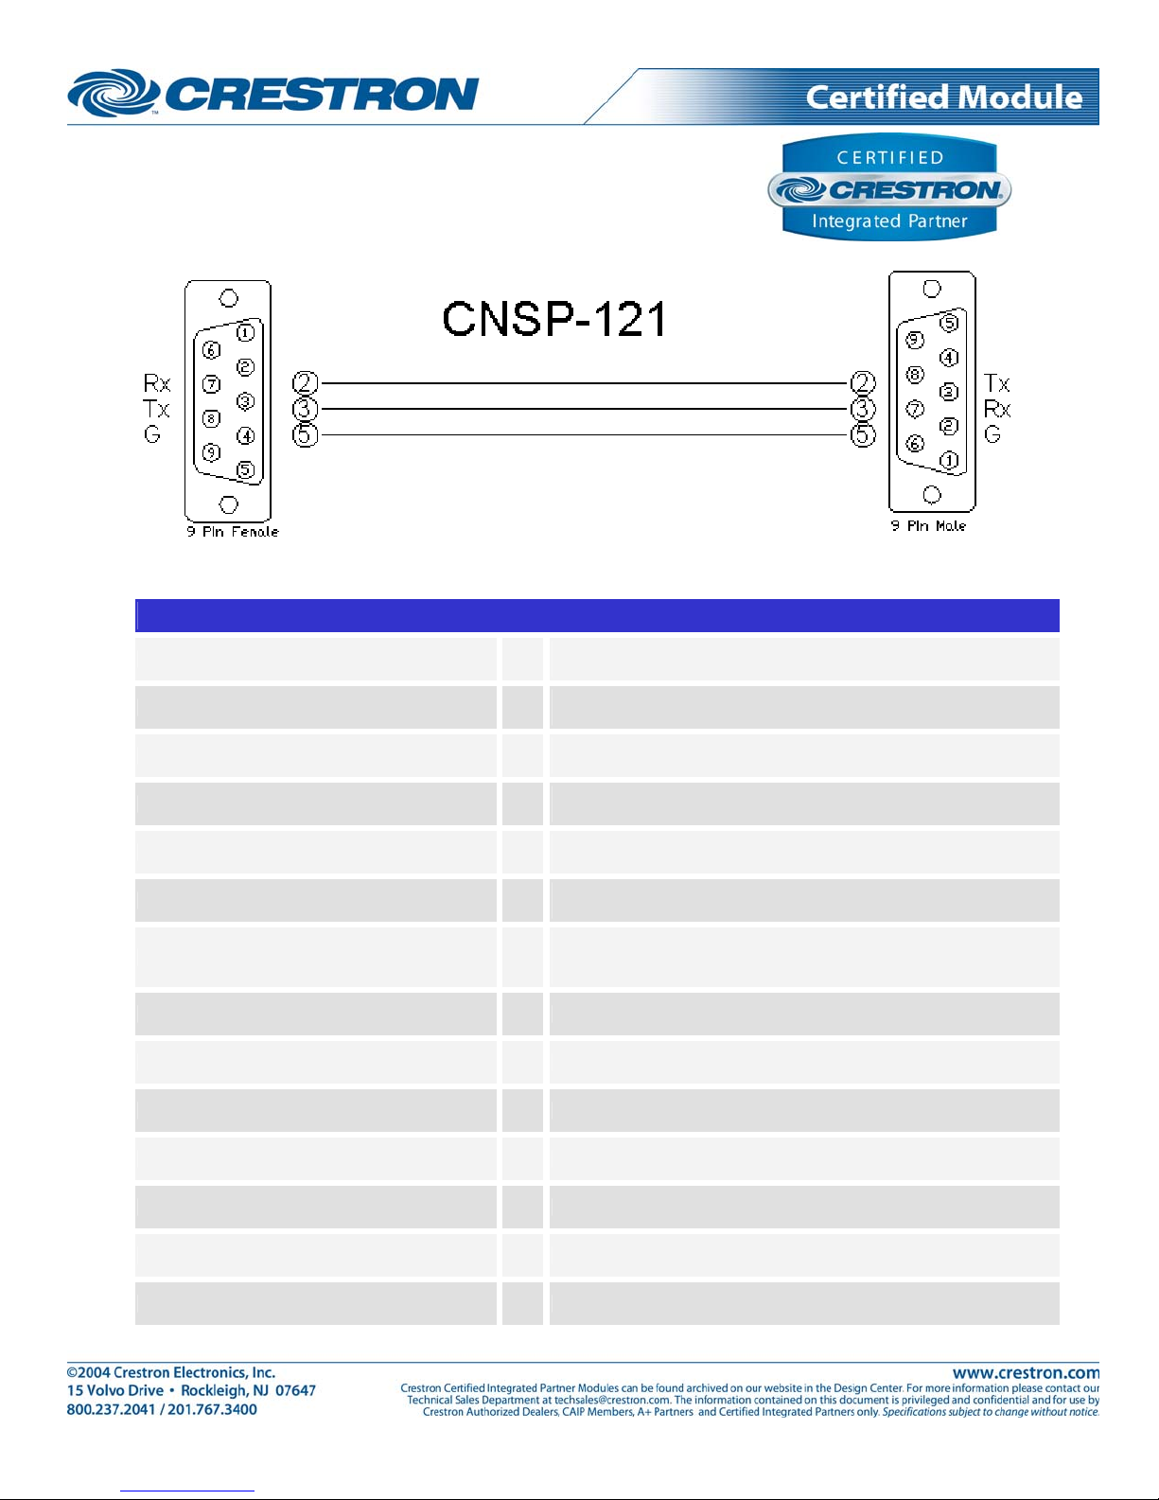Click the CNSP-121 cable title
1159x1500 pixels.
tap(554, 319)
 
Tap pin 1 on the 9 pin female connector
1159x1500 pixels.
tap(246, 333)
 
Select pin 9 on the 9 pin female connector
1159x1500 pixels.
tap(211, 452)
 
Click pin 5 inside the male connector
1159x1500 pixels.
tap(949, 323)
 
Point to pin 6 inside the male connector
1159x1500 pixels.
tap(915, 443)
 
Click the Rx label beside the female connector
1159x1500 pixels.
tap(157, 382)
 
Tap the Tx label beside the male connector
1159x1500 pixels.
tap(997, 382)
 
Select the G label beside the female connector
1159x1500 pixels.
tap(151, 434)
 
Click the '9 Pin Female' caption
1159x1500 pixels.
tap(233, 532)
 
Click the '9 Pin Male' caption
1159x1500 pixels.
tap(928, 525)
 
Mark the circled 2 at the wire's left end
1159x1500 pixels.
tap(305, 382)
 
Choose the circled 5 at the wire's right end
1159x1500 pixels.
tap(862, 435)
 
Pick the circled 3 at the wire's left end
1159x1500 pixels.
tap(305, 409)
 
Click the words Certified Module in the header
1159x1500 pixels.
tap(944, 97)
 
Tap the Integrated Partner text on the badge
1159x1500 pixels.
tap(889, 221)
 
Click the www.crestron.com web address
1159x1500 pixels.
tap(1026, 1373)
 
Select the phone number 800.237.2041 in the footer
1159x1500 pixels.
tap(111, 1409)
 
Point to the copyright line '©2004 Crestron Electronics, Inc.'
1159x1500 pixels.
tap(171, 1372)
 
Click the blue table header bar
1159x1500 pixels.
tap(597, 615)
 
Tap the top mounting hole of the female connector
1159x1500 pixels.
tap(228, 298)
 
